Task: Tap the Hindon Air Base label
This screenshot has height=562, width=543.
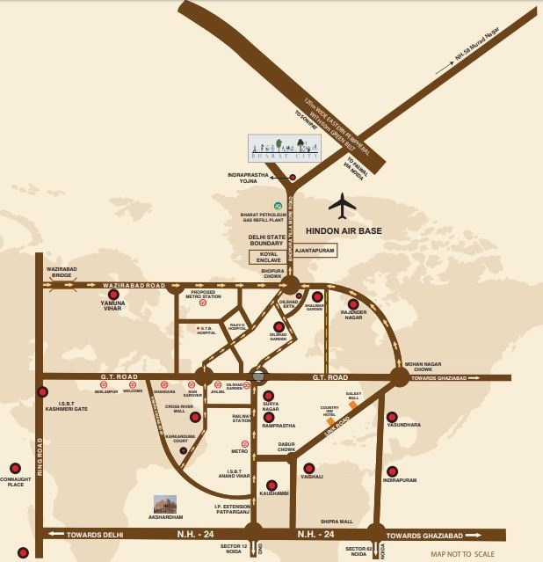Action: tap(344, 231)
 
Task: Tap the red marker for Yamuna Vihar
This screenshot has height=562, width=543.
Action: tap(113, 296)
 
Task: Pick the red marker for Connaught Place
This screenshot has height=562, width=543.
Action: tap(15, 469)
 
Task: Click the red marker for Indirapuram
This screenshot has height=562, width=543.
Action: tap(392, 471)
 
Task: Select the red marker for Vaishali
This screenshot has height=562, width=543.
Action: tap(308, 468)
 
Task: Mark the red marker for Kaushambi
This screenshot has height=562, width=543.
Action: tap(271, 485)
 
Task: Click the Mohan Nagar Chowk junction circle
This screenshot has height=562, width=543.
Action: tap(400, 376)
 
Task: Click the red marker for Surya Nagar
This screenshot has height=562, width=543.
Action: tap(269, 396)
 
